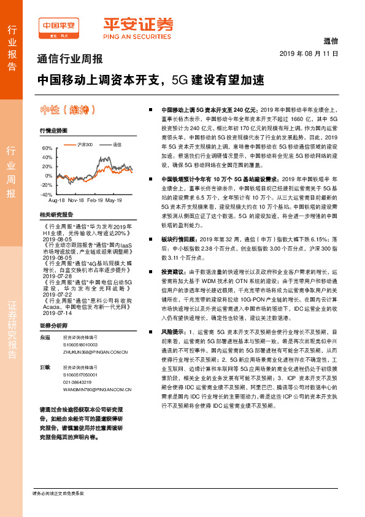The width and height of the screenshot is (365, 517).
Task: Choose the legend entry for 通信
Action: point(116,144)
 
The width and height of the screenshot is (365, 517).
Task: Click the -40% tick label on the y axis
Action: point(46,194)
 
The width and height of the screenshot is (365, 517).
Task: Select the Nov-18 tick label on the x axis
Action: point(76,201)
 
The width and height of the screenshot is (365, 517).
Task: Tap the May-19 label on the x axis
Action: point(113,201)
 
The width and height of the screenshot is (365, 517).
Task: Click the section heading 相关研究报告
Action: point(56,215)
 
